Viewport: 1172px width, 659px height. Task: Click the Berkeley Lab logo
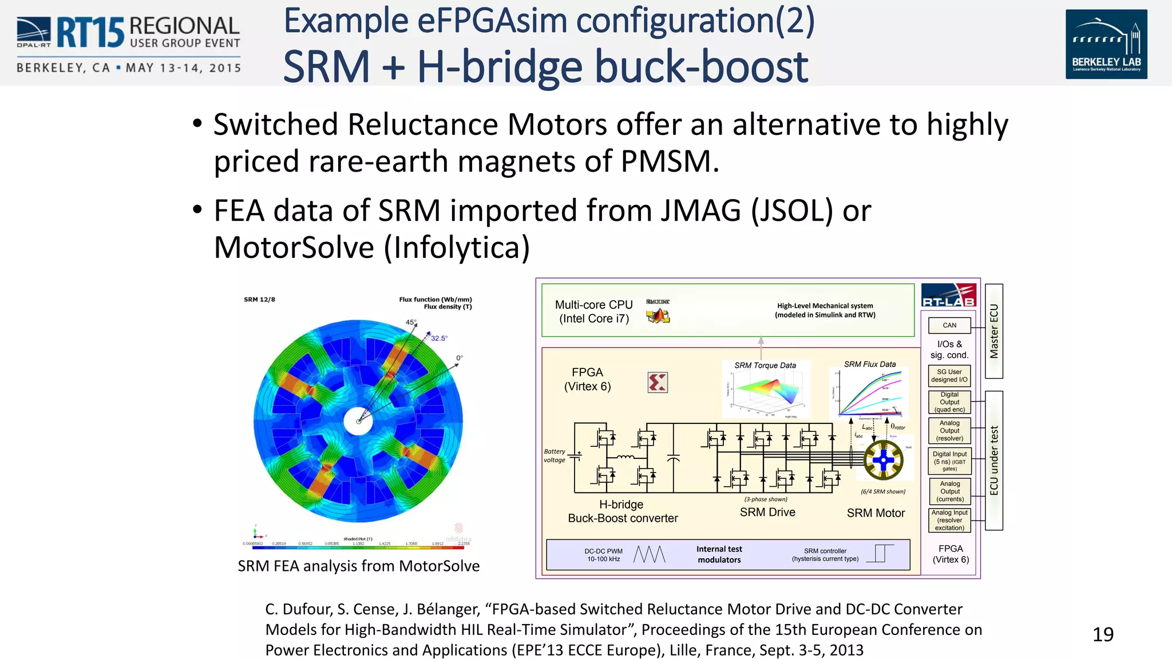click(1106, 44)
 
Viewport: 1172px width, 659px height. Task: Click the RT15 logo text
click(90, 33)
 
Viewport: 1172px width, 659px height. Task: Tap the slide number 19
click(1103, 634)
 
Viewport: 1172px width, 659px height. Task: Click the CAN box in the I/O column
click(949, 325)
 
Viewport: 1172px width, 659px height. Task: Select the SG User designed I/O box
click(949, 376)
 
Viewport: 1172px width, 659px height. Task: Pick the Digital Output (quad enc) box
click(949, 402)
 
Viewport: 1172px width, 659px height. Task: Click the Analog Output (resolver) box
click(949, 431)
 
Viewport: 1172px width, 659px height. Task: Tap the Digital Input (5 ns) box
click(949, 461)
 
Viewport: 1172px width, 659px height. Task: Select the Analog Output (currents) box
click(949, 491)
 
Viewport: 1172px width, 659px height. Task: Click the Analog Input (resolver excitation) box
click(949, 520)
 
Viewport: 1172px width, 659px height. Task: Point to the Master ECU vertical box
click(994, 331)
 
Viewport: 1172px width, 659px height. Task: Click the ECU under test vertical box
click(994, 460)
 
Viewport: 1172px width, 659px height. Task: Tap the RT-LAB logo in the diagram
click(949, 295)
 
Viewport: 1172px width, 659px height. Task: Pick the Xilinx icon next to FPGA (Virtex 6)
click(658, 382)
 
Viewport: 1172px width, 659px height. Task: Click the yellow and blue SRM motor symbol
click(883, 460)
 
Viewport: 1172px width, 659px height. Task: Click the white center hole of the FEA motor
click(358, 422)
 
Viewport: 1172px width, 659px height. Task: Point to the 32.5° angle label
click(439, 338)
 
